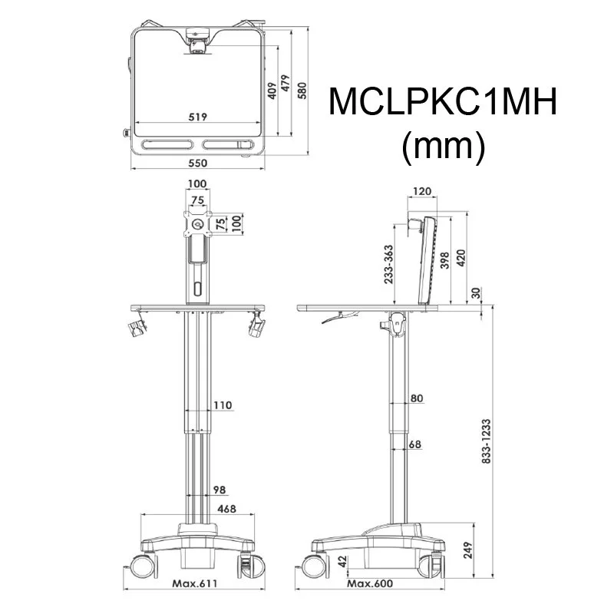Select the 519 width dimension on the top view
(199, 117)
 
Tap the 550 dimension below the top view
(199, 163)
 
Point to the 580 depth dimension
(302, 91)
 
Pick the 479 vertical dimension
(286, 83)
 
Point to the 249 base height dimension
(468, 549)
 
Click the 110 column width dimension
(222, 404)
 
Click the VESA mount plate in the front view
(198, 223)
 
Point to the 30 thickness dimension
(477, 293)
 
